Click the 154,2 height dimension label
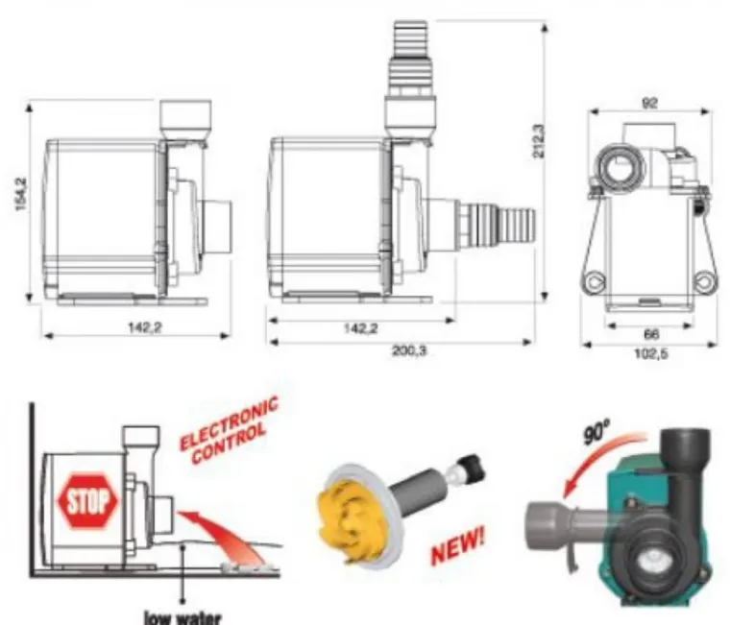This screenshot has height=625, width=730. click(x=22, y=194)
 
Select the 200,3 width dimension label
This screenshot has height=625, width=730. click(x=408, y=350)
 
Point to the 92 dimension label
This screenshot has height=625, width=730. click(x=649, y=104)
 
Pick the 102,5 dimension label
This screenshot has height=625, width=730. click(x=651, y=354)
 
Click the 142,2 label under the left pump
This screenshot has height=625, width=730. click(x=145, y=327)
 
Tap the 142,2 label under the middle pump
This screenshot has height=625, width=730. click(x=361, y=328)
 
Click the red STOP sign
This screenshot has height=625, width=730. click(x=87, y=502)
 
